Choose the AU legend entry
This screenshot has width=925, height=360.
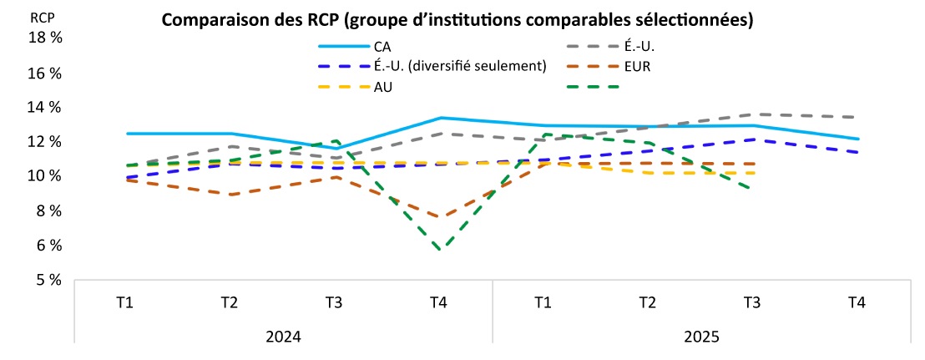click(x=384, y=86)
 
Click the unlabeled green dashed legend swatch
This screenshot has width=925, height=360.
click(x=592, y=86)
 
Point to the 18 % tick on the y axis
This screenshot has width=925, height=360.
click(x=46, y=38)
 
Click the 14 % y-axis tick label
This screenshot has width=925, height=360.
click(x=46, y=108)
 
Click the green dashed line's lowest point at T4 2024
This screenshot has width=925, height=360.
click(x=439, y=249)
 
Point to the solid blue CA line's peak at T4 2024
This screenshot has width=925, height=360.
click(x=439, y=118)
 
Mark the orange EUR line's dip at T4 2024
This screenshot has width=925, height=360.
click(x=439, y=217)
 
